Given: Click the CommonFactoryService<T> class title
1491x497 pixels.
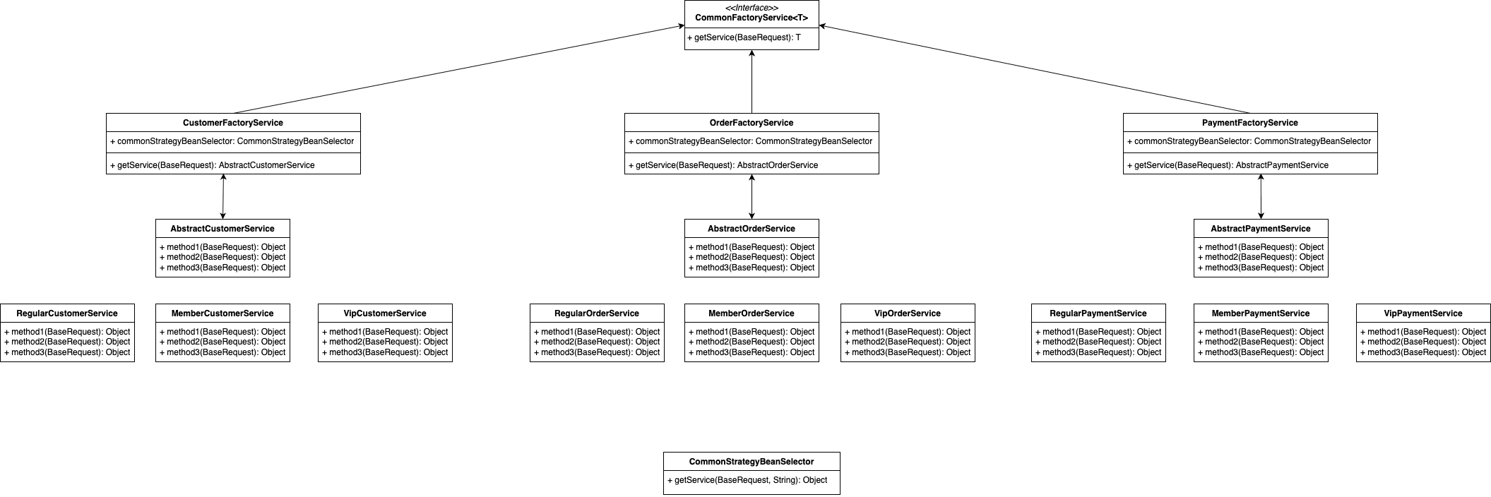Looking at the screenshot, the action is click(752, 18).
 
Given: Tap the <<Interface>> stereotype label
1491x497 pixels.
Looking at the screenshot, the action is click(752, 8).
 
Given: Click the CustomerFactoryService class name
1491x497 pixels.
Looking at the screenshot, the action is click(233, 123).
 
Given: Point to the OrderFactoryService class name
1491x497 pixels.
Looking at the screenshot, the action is click(752, 123).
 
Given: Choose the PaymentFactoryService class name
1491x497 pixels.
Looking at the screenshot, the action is click(1250, 123).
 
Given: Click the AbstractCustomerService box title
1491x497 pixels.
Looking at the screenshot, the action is click(222, 229).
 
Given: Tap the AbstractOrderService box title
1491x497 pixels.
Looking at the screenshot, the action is click(752, 229).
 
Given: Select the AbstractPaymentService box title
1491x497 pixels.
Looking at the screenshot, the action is click(1261, 229).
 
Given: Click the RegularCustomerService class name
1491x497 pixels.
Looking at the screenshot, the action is click(67, 313).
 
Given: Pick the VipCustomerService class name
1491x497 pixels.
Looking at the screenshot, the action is click(385, 313).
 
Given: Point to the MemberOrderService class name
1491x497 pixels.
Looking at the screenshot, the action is click(752, 313).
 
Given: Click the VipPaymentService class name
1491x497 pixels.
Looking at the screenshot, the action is click(1423, 313).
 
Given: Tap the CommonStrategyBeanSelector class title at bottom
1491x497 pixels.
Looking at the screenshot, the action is click(752, 462).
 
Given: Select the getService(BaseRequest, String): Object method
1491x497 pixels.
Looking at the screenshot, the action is click(747, 480).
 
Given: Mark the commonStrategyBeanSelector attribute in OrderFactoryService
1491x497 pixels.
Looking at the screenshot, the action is click(751, 141).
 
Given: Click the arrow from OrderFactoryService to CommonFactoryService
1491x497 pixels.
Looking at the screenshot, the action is click(752, 81).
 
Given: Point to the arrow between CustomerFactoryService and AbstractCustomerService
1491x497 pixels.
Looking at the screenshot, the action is click(223, 196).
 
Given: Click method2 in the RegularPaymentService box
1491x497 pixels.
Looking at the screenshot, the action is click(1098, 342).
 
